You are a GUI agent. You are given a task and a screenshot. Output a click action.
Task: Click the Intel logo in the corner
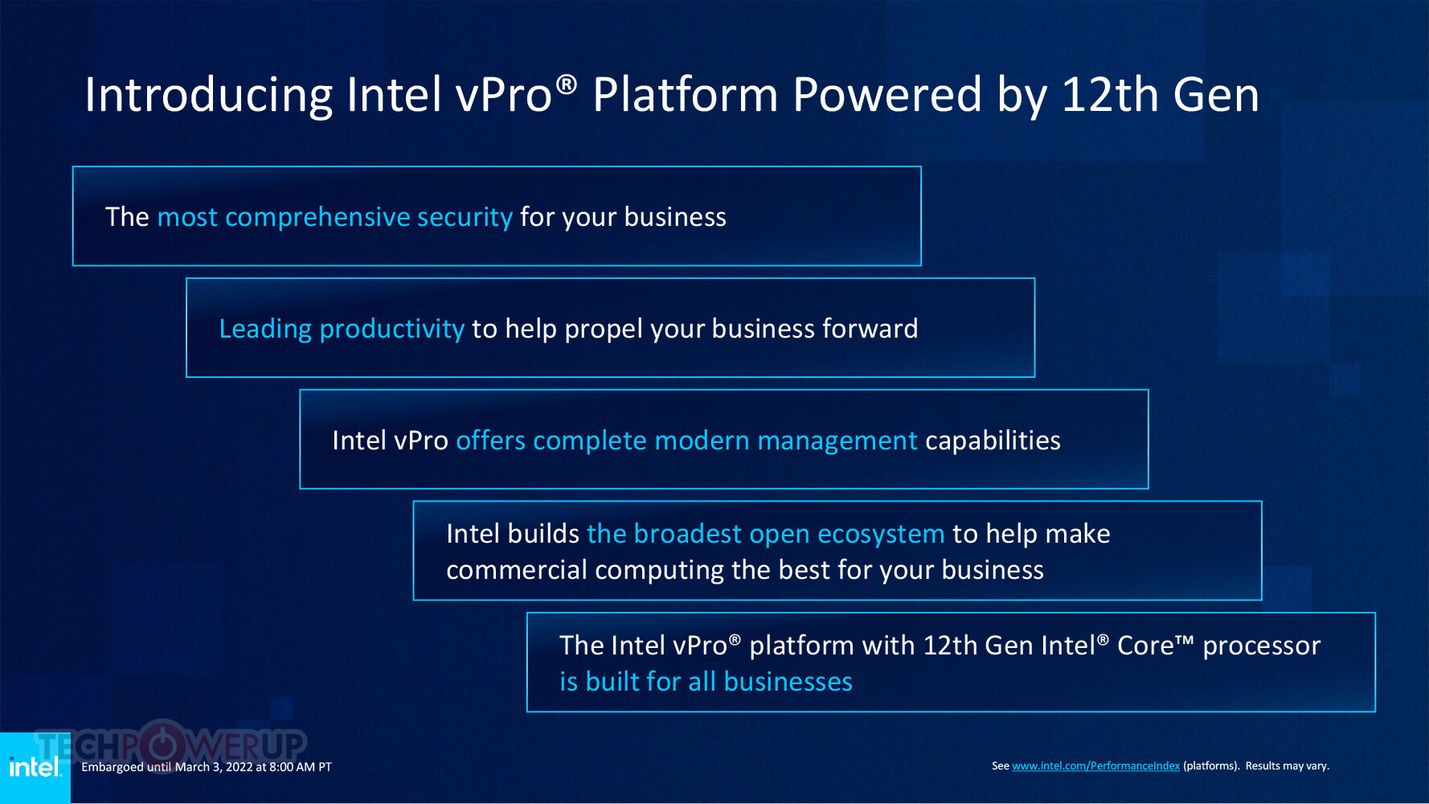click(x=35, y=768)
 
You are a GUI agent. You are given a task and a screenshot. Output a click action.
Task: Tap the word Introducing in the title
click(x=208, y=95)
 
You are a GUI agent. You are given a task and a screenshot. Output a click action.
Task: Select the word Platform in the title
click(x=685, y=95)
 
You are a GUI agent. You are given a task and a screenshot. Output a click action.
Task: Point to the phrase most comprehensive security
click(x=334, y=217)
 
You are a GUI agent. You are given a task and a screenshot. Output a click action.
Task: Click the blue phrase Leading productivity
click(x=342, y=329)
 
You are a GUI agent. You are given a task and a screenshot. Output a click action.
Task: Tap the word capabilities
click(x=993, y=441)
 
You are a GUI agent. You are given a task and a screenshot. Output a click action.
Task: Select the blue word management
click(x=837, y=441)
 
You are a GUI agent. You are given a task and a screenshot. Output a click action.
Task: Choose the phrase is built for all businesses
click(x=706, y=682)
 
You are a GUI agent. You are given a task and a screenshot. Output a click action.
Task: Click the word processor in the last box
click(x=1261, y=646)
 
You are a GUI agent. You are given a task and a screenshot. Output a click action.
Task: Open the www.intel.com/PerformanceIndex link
click(x=1095, y=766)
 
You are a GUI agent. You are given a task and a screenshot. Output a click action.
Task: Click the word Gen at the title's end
click(x=1215, y=95)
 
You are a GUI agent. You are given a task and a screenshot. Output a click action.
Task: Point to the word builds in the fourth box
click(x=543, y=534)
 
